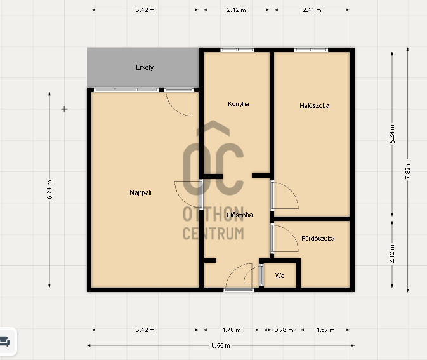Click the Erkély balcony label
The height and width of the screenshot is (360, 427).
tap(145, 67)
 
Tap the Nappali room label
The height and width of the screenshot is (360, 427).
tap(140, 192)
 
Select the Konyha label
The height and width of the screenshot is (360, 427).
tap(239, 104)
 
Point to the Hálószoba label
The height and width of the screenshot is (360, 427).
tap(315, 106)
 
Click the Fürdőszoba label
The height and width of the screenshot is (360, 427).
tap(318, 239)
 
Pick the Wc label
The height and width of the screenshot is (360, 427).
tap(280, 276)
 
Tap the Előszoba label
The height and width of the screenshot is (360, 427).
tap(240, 215)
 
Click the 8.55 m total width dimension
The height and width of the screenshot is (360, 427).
tap(221, 345)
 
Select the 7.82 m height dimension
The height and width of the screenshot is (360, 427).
tap(408, 170)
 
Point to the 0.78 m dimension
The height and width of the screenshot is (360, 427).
tap(284, 330)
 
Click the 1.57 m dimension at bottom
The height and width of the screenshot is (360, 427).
tap(325, 330)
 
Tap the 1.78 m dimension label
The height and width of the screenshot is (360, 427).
tap(232, 330)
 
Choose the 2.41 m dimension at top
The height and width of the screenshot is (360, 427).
tap(312, 10)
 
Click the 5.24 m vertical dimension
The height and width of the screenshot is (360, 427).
tap(392, 134)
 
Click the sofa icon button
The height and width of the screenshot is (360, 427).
tap(4, 342)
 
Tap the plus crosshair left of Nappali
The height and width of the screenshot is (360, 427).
tap(64, 109)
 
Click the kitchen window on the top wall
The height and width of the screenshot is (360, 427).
tap(237, 50)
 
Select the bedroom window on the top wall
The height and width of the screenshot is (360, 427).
tap(312, 50)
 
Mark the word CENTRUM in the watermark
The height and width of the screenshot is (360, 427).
tap(213, 234)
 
